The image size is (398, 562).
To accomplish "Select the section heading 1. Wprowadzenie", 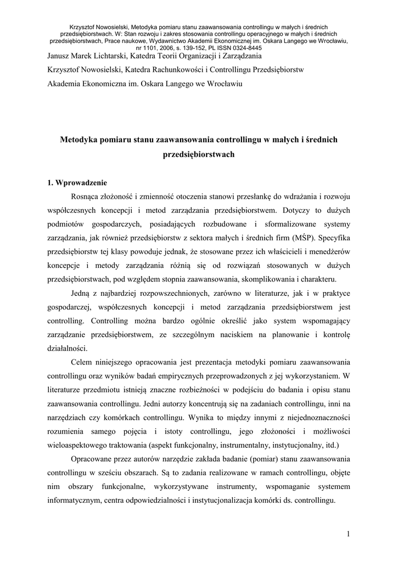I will tap(77, 183).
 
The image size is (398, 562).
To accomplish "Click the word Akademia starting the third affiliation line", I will tap(65, 84).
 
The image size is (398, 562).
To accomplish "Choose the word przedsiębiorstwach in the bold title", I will tap(199, 154).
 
